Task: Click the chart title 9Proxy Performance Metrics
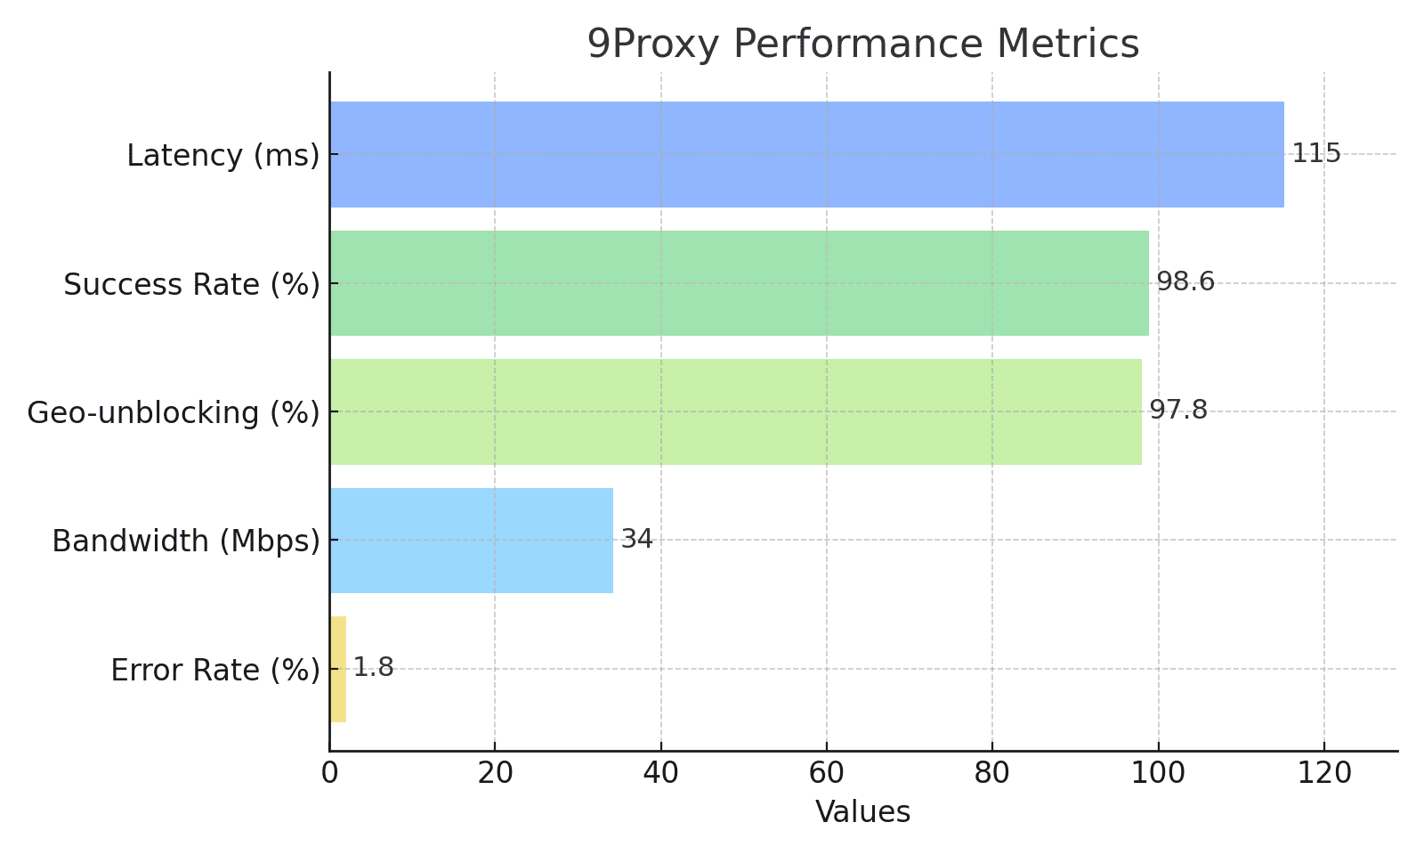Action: (x=862, y=44)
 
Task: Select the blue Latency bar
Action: (x=806, y=154)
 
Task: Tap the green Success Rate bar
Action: (x=739, y=283)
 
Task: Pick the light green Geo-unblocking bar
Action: (x=735, y=411)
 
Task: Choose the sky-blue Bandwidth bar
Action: (x=471, y=540)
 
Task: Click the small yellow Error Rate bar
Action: (x=338, y=669)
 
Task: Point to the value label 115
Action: (x=1315, y=153)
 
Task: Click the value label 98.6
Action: (x=1185, y=282)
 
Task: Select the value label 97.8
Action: (x=1177, y=411)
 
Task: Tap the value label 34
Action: (x=636, y=539)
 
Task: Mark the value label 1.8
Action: (x=373, y=667)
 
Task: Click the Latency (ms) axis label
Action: (x=222, y=155)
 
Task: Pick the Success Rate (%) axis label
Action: (x=191, y=284)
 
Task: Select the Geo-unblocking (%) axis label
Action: (x=173, y=412)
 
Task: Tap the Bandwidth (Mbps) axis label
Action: (x=185, y=541)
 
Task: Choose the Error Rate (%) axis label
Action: (x=214, y=670)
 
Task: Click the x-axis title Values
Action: (x=862, y=811)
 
